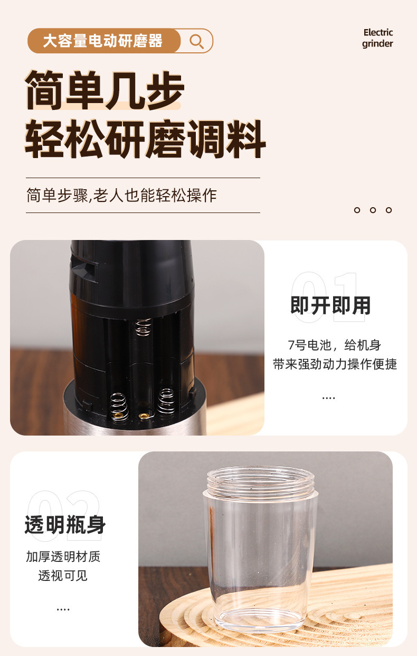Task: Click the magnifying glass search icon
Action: pyautogui.click(x=196, y=41)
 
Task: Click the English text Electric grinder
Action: pyautogui.click(x=377, y=38)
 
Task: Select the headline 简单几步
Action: pyautogui.click(x=105, y=90)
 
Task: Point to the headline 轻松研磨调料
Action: pyautogui.click(x=145, y=139)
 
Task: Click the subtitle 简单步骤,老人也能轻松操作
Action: pyautogui.click(x=121, y=196)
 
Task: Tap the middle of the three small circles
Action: pyautogui.click(x=373, y=210)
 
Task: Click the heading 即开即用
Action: pyautogui.click(x=330, y=306)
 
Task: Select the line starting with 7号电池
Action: pyautogui.click(x=334, y=345)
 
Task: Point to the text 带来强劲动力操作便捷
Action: pyautogui.click(x=335, y=364)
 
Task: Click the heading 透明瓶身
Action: pyautogui.click(x=65, y=525)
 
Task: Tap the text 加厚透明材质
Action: pyautogui.click(x=63, y=557)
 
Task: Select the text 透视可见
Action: pyautogui.click(x=63, y=576)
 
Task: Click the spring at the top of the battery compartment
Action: pyautogui.click(x=143, y=327)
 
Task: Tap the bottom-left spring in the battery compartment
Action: pyautogui.click(x=119, y=406)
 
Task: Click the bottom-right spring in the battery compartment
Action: pyautogui.click(x=166, y=402)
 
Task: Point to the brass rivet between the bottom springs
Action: pyautogui.click(x=143, y=416)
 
